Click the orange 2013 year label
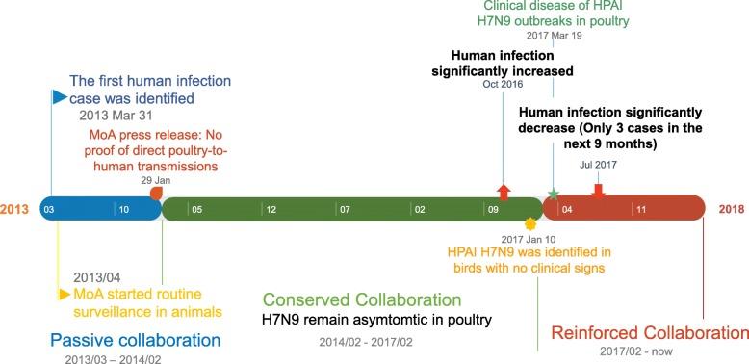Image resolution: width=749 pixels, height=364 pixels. pos(14,208)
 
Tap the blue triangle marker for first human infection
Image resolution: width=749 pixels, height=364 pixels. pos(58,96)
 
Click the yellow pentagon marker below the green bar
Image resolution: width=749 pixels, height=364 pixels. pos(529,222)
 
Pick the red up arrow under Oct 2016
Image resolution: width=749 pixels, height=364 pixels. pos(504,190)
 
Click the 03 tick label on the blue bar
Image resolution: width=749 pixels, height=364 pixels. pos(50,208)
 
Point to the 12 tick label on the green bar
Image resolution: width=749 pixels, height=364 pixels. pos(273,208)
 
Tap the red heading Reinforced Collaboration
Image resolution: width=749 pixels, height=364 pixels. pos(652,333)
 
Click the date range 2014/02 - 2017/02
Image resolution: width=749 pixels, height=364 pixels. pos(370,341)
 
